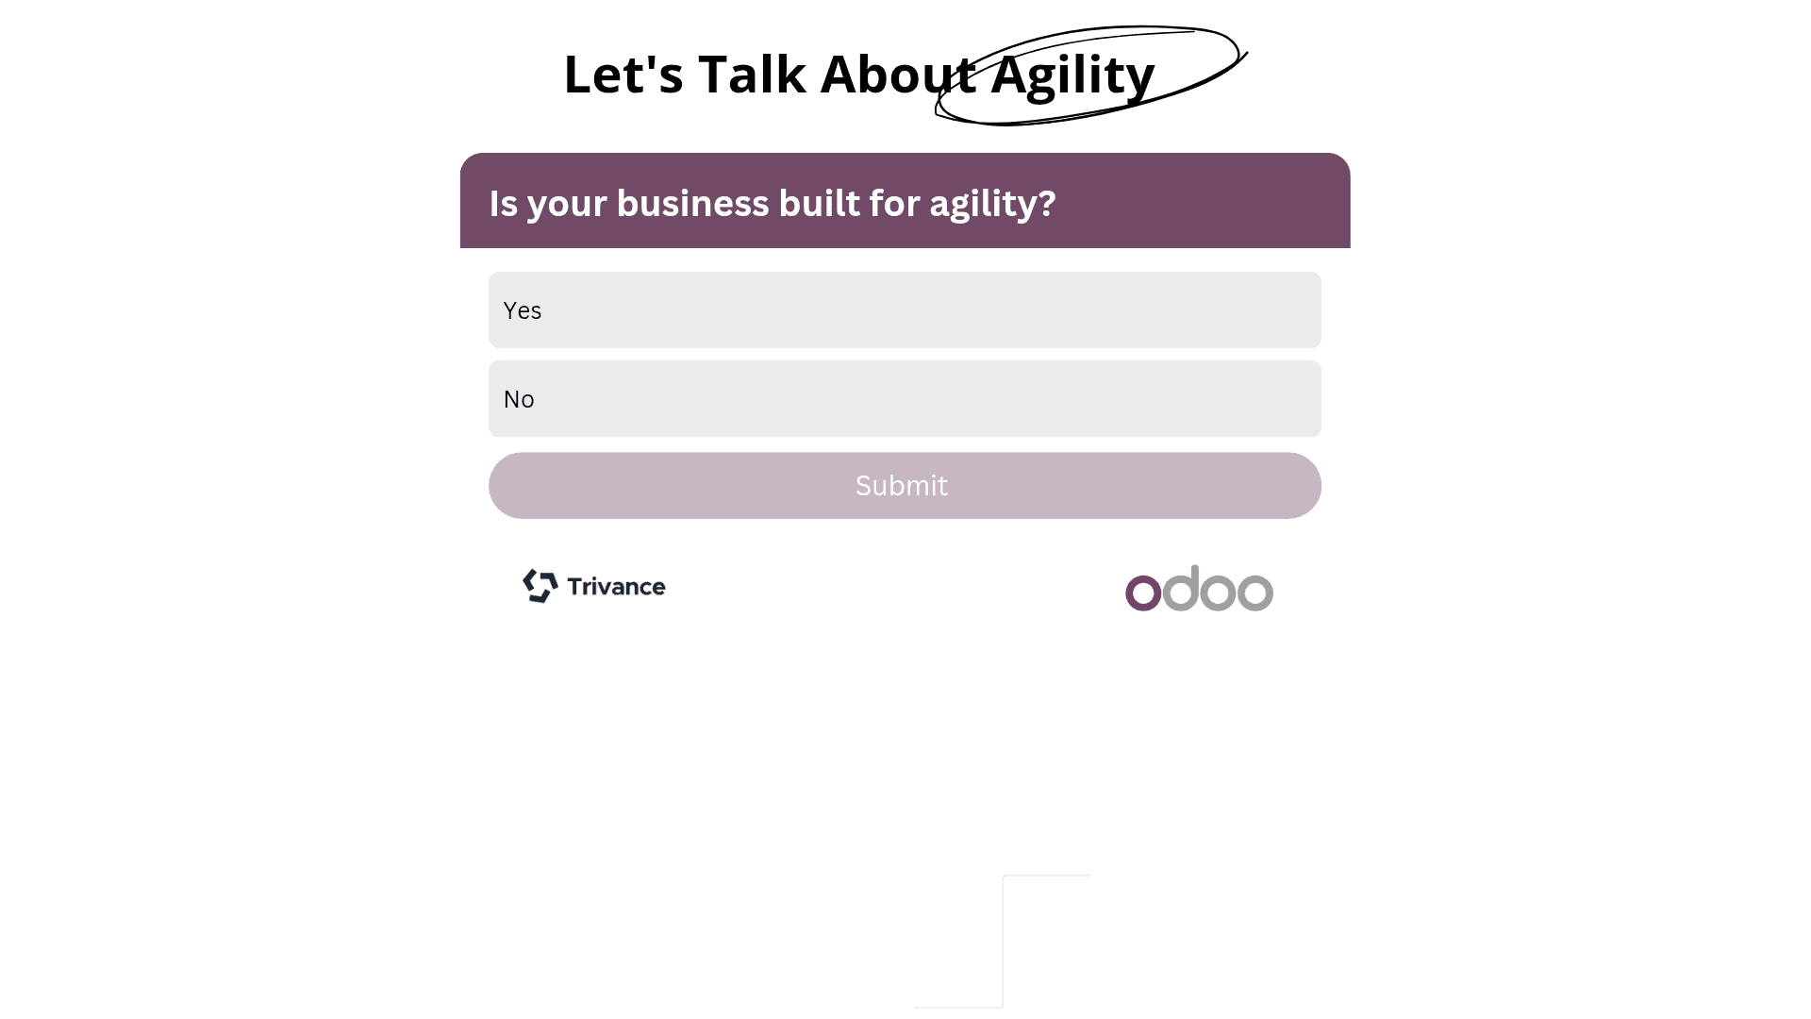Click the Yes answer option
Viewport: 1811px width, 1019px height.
coord(905,310)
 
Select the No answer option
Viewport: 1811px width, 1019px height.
coord(905,398)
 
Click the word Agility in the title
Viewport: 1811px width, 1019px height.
coord(1072,75)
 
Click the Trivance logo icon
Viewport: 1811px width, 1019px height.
coord(540,586)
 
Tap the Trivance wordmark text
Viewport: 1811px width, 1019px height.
coord(617,587)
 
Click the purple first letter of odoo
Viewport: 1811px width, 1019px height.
coord(1143,593)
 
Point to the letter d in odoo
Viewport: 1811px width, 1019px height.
coord(1181,589)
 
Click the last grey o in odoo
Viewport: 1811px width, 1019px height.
coord(1255,593)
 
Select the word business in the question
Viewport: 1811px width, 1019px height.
coord(692,203)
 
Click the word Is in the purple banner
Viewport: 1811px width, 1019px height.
coord(503,203)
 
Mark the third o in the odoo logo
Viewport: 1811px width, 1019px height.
coord(1218,593)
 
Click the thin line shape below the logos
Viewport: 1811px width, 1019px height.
coord(1003,942)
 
